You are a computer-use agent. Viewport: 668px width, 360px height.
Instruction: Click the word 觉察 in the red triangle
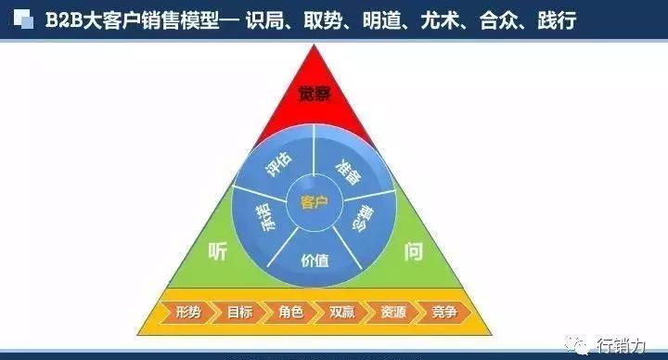315,94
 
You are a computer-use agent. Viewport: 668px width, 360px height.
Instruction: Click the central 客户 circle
315,202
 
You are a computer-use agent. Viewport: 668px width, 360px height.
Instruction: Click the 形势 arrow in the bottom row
187,313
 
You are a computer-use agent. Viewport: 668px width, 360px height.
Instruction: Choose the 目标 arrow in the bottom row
238,313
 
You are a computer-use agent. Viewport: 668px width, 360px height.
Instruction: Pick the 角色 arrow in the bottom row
289,313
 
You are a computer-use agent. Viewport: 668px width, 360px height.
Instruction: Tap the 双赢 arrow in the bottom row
340,313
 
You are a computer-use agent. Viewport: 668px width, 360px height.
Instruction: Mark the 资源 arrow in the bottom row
392,313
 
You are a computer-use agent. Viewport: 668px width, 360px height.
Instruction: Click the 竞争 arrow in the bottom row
443,313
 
